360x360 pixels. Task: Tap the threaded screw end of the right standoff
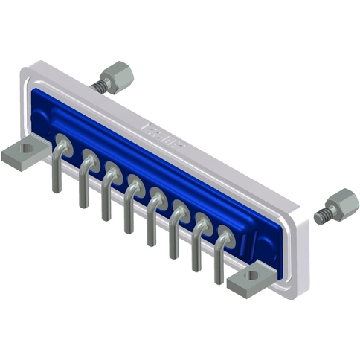pyautogui.click(x=322, y=216)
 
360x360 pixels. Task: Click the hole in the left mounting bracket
pyautogui.click(x=28, y=148)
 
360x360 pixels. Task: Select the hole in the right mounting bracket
pyautogui.click(x=253, y=276)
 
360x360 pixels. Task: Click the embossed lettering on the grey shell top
pyautogui.click(x=161, y=133)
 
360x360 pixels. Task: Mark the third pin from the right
pyautogui.click(x=174, y=235)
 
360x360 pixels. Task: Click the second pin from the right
pyautogui.click(x=196, y=248)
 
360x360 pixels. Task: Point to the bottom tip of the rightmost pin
pyautogui.click(x=219, y=281)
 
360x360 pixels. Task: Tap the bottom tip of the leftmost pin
pyautogui.click(x=57, y=190)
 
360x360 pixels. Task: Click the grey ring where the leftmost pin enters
pyautogui.click(x=63, y=141)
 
